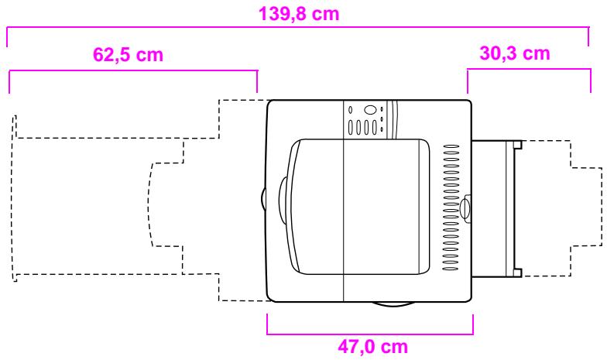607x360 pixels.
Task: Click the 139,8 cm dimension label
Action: click(299, 14)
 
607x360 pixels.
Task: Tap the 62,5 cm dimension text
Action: click(129, 54)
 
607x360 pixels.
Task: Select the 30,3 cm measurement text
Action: click(514, 53)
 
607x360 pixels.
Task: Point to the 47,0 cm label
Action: click(373, 347)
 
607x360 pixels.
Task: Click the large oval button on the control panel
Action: click(370, 110)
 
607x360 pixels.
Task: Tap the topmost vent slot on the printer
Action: click(451, 146)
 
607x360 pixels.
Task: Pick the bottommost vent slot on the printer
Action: click(451, 269)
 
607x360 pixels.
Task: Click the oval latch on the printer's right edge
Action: click(465, 209)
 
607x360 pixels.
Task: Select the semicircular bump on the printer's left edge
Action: click(263, 201)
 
